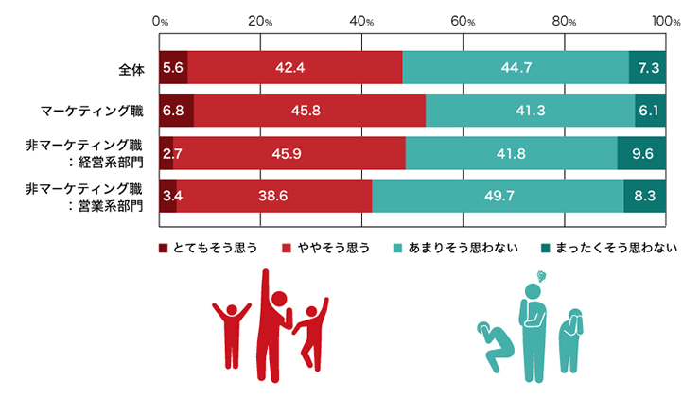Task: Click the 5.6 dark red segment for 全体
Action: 173,67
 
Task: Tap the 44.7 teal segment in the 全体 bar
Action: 516,67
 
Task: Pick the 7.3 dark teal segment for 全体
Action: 648,67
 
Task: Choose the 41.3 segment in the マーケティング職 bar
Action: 531,111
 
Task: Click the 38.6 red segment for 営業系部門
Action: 274,196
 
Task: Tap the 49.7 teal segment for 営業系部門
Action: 498,196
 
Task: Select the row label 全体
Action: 130,68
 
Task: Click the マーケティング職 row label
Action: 92,111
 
